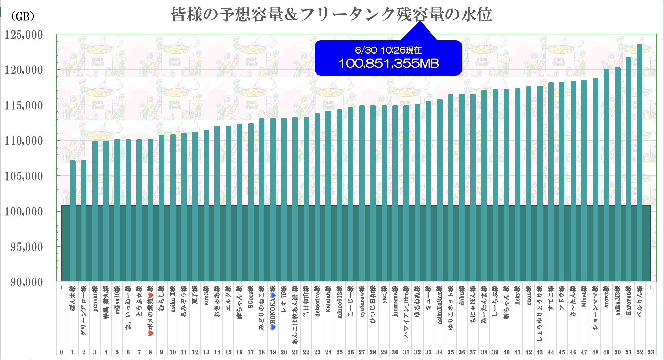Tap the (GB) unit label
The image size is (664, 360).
(22, 16)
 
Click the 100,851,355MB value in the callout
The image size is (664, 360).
(388, 63)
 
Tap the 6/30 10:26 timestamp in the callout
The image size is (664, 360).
(388, 50)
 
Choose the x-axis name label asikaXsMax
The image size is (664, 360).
(440, 305)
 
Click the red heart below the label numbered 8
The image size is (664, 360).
(151, 333)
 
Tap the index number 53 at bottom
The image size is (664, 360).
(650, 352)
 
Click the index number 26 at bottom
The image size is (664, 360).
(350, 352)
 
